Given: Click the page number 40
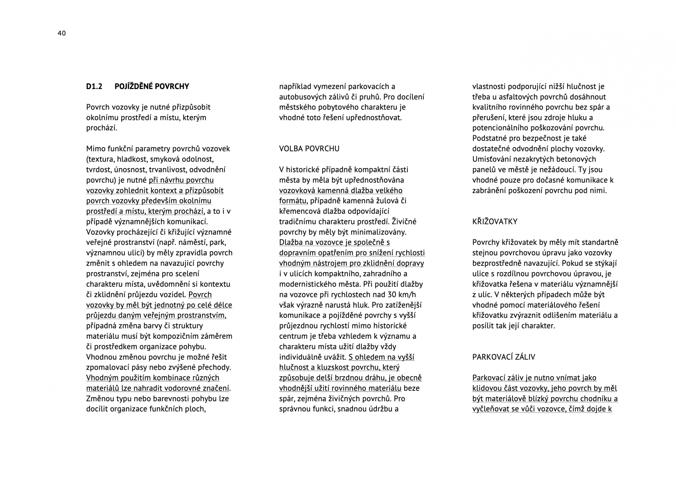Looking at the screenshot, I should pos(62,33).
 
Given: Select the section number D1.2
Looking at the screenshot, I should pos(94,87).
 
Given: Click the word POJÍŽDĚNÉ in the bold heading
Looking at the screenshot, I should pos(135,87).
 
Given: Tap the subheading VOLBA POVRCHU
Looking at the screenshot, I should pos(309,149).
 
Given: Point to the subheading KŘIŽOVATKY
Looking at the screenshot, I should pos(495,222).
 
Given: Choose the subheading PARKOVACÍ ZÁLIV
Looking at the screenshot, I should pos(503,357).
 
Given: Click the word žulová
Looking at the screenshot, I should pos(389,201).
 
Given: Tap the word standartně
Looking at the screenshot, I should pos(600,243).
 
